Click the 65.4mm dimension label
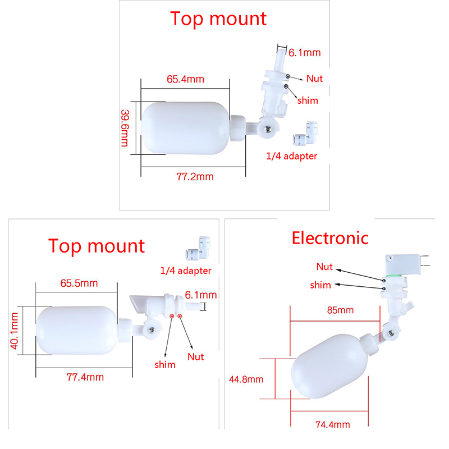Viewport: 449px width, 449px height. point(185,79)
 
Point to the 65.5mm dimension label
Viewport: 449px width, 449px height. point(79,283)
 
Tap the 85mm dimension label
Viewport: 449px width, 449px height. point(342,310)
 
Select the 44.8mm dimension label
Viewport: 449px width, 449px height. point(246,379)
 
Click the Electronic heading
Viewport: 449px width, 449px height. point(330,237)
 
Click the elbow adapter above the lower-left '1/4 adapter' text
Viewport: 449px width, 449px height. point(193,257)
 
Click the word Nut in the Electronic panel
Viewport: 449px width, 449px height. point(324,266)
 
